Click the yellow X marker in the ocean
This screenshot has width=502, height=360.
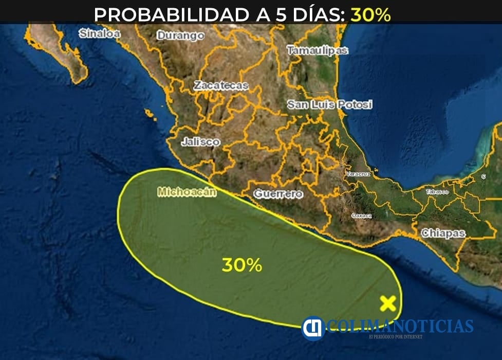388,303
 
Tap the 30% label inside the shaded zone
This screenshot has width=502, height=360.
241,265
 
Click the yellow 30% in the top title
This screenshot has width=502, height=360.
370,15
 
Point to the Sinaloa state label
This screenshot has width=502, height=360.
99,34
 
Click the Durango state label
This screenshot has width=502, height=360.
180,36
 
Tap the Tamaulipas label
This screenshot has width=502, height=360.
317,51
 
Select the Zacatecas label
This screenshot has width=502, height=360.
221,86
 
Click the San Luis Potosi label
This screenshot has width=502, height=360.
329,105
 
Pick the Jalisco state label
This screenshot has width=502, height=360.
200,142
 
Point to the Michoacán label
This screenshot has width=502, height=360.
187,192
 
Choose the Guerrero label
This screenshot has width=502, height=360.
278,194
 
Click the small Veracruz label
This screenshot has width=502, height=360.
358,175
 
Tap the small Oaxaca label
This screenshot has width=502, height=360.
362,215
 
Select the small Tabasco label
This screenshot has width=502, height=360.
437,192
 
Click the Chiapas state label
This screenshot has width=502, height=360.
443,233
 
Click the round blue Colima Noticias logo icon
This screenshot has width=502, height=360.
313,327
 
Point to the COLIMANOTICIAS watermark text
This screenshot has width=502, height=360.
400,326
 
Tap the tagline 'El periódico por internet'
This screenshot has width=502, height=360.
396,337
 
